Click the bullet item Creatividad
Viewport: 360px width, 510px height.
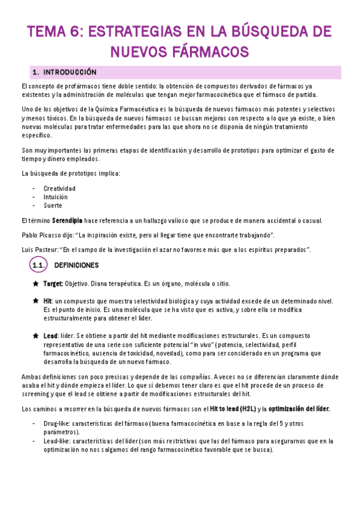coord(59,188)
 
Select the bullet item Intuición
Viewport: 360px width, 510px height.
coord(55,197)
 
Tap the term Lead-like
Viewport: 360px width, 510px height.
coord(58,441)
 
